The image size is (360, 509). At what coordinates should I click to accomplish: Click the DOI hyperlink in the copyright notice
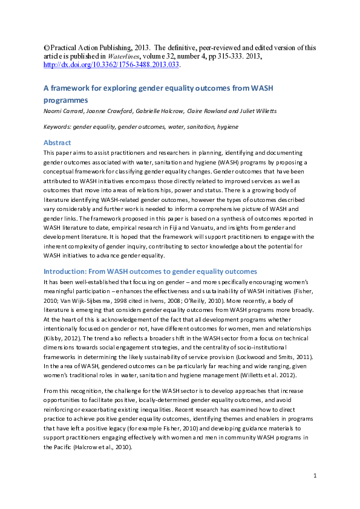pyautogui.click(x=111, y=65)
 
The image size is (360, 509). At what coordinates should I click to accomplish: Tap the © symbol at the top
pyautogui.click(x=46, y=48)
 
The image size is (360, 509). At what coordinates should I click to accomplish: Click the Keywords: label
pyautogui.click(x=57, y=127)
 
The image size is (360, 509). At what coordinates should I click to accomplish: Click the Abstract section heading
pyautogui.click(x=57, y=143)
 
